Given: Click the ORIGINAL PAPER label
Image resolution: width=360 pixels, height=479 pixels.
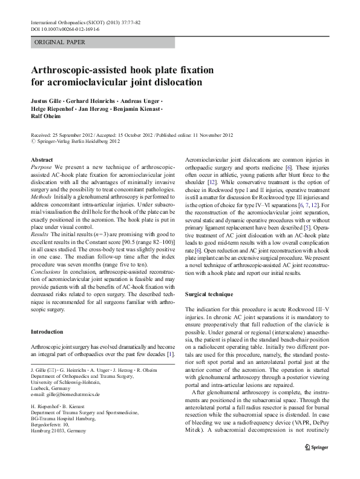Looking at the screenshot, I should (x=59, y=42).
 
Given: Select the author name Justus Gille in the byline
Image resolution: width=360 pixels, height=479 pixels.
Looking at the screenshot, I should (x=47, y=99).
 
